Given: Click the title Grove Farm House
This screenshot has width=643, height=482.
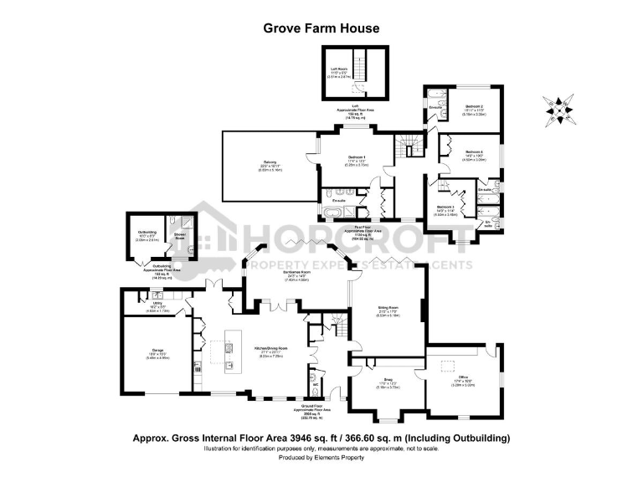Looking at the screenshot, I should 321,28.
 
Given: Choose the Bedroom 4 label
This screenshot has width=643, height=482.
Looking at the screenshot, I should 475,153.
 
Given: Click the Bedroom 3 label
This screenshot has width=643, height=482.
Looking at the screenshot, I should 445,207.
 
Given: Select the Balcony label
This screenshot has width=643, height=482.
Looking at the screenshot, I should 270,164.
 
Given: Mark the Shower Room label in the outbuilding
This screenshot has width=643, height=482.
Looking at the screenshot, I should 179,235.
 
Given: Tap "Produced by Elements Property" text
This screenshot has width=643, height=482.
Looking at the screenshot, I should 321,458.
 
